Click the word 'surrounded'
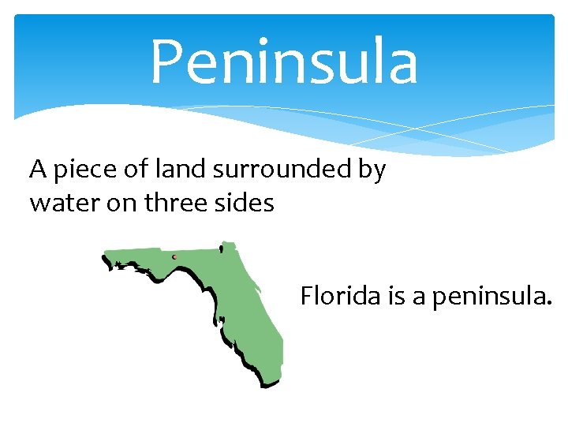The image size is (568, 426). point(276,169)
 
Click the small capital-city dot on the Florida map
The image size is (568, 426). point(174,257)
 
